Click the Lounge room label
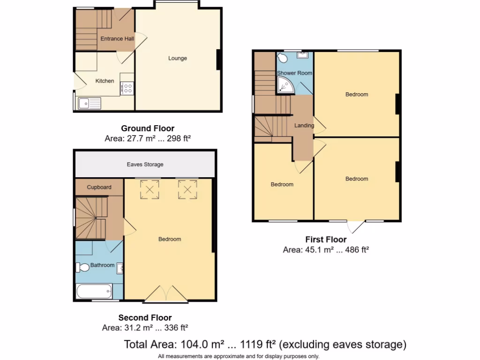[x=178, y=58]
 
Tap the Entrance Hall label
[x=117, y=39]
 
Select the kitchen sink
[x=89, y=103]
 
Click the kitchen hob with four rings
[x=127, y=88]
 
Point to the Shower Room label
[x=294, y=73]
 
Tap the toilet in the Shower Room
[x=283, y=58]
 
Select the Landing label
[x=303, y=126]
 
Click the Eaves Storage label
[x=145, y=165]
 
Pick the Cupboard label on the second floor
[x=99, y=187]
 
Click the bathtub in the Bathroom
[x=94, y=291]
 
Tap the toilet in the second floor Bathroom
[x=83, y=268]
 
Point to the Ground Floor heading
[x=148, y=128]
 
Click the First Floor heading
[x=326, y=240]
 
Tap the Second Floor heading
[x=145, y=317]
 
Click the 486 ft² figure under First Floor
[x=356, y=250]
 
